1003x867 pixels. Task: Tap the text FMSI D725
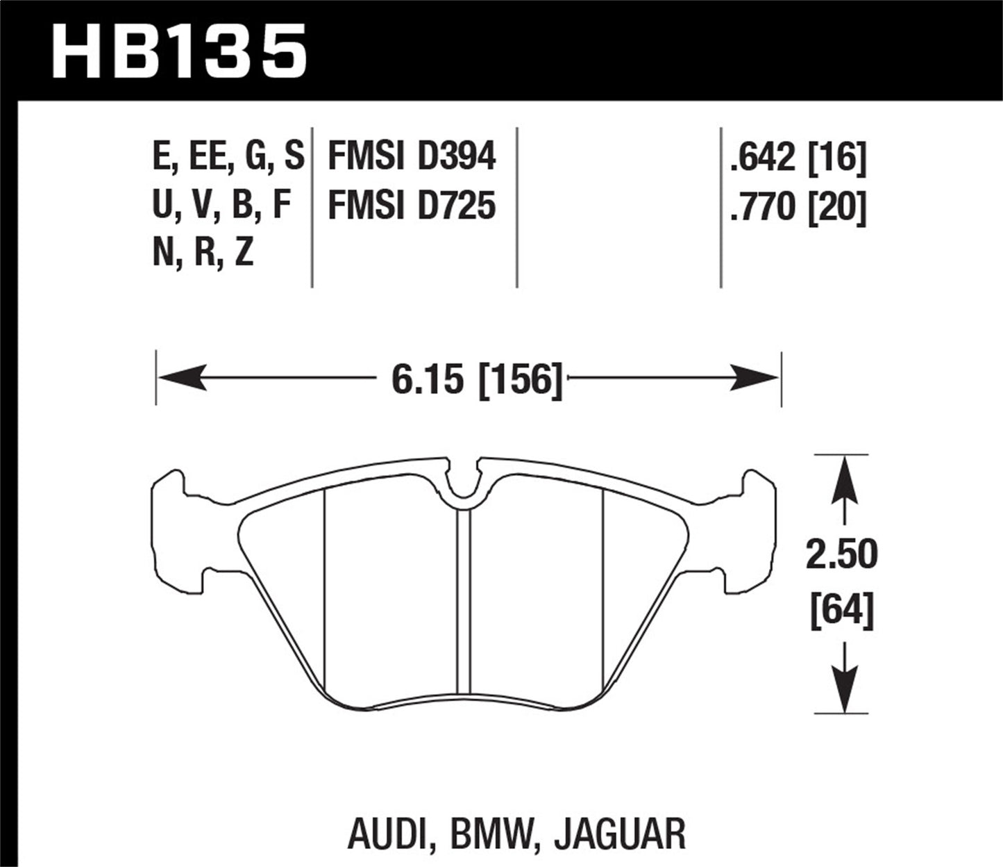(x=412, y=206)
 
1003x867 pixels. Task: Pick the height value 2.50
(x=841, y=555)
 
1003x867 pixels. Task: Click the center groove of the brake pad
(x=464, y=597)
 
